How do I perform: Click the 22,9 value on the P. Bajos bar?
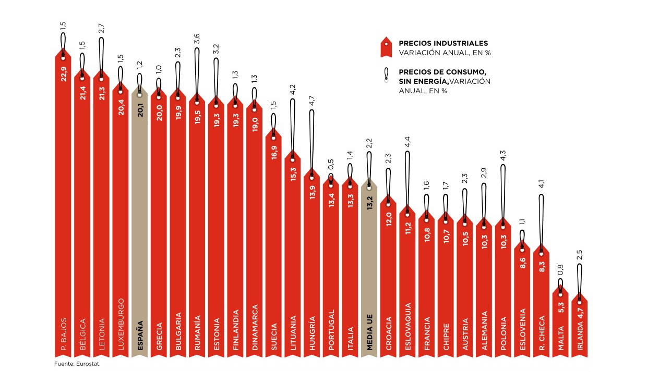[63, 73]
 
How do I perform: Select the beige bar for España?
[140, 224]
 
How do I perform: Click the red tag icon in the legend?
[386, 47]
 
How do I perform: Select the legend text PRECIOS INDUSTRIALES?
[444, 43]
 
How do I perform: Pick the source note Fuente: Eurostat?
[77, 364]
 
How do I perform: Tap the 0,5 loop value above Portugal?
[331, 172]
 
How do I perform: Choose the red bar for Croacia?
[389, 276]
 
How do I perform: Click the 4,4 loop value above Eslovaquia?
[408, 142]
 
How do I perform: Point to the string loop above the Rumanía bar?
[197, 73]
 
